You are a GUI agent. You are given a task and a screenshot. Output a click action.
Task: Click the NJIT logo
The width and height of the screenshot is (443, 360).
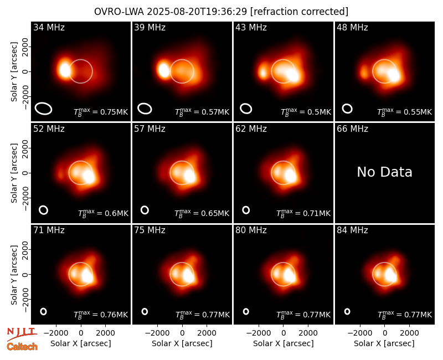pyautogui.click(x=22, y=334)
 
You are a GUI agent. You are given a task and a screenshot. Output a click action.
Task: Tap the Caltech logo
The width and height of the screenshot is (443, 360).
pyautogui.click(x=22, y=347)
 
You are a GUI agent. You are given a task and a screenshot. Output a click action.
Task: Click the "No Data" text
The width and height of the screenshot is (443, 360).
pyautogui.click(x=384, y=172)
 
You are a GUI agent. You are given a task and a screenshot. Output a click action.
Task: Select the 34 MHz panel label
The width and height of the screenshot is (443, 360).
pyautogui.click(x=49, y=27)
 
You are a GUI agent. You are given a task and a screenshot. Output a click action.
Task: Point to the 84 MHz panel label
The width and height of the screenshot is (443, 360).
pyautogui.click(x=352, y=230)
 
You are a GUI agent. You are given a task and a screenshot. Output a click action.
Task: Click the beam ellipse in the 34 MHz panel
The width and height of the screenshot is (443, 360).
pyautogui.click(x=44, y=109)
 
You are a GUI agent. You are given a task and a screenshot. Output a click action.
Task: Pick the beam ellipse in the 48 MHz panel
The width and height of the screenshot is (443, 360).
pyautogui.click(x=347, y=109)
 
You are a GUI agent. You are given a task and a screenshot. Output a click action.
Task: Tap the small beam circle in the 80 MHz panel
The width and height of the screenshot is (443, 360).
pyautogui.click(x=246, y=311)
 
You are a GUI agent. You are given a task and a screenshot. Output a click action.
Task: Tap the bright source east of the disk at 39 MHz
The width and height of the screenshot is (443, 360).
pyautogui.click(x=163, y=70)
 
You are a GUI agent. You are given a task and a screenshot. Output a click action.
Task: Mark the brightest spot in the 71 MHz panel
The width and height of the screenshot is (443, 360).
pyautogui.click(x=87, y=276)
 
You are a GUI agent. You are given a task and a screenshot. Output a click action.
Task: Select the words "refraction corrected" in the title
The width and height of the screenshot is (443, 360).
pyautogui.click(x=299, y=12)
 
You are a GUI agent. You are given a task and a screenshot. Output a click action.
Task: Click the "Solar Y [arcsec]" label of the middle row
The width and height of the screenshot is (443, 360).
pyautogui.click(x=14, y=173)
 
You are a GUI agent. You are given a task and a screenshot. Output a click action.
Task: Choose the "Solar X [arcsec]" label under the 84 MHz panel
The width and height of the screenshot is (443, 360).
pyautogui.click(x=384, y=343)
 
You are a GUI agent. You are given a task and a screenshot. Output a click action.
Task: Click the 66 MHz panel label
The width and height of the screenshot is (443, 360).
pyautogui.click(x=352, y=129)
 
